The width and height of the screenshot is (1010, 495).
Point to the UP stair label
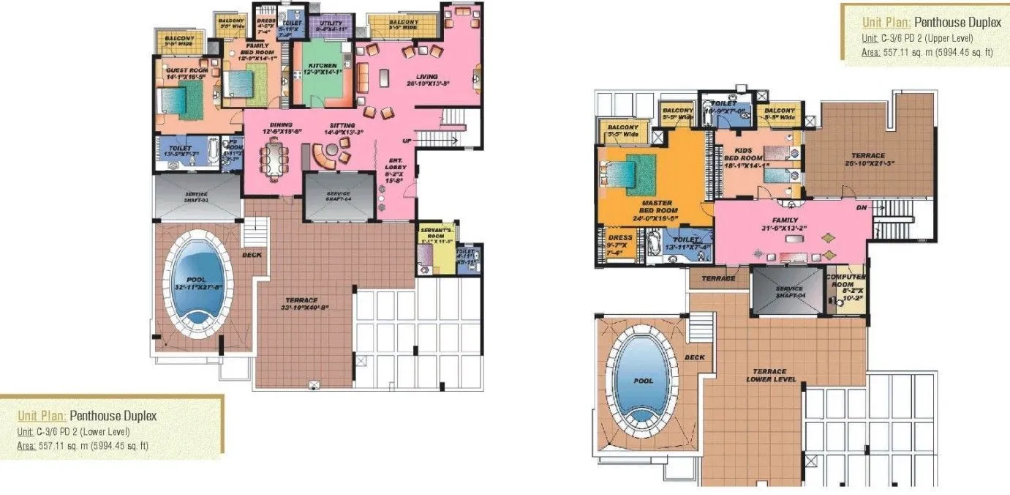pyautogui.click(x=407, y=141)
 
